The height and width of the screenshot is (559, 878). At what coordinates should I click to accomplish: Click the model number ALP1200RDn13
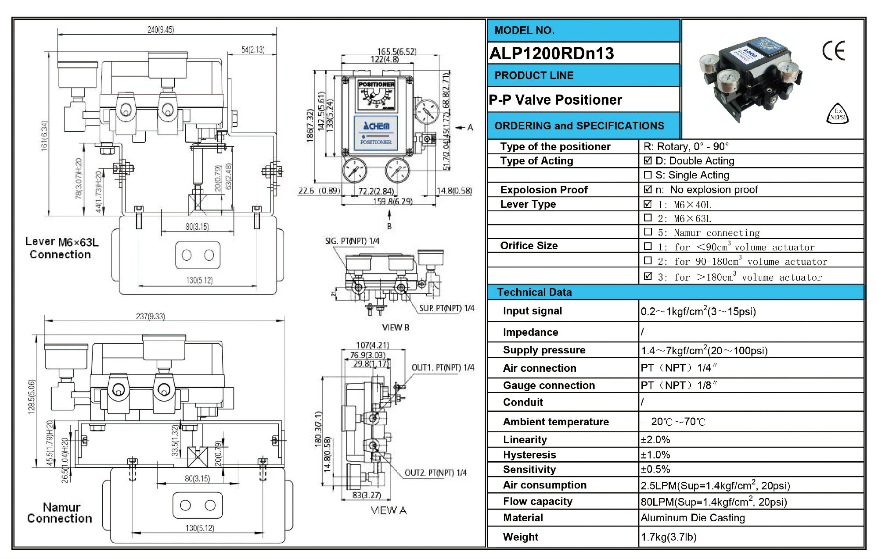551,53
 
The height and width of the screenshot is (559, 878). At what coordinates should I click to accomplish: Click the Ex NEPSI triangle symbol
838,114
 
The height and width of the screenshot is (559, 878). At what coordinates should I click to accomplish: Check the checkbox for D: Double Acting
648,160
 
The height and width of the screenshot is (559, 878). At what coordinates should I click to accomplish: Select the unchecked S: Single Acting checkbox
648,175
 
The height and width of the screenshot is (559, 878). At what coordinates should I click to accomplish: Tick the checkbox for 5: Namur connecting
648,231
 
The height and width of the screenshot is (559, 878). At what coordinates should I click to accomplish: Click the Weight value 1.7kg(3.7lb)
669,537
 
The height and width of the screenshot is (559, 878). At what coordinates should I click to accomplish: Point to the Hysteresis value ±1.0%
655,455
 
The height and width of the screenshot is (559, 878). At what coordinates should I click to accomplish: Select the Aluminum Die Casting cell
693,518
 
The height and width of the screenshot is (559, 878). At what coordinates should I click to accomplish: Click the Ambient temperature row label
556,422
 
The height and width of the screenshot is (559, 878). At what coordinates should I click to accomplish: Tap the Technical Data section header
534,292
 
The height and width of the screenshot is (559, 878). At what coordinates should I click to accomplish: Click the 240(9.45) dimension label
161,30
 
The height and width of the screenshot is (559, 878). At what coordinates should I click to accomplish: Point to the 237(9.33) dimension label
150,316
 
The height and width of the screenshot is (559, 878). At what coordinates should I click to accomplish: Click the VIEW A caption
389,510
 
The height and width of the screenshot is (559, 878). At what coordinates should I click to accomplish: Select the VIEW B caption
396,328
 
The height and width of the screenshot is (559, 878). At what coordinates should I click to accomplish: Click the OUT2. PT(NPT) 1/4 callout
435,473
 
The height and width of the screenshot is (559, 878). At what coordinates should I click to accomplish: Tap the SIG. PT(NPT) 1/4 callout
352,241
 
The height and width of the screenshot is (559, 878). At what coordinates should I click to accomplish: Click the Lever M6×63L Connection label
61,248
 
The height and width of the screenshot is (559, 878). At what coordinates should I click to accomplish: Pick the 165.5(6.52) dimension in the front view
397,51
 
